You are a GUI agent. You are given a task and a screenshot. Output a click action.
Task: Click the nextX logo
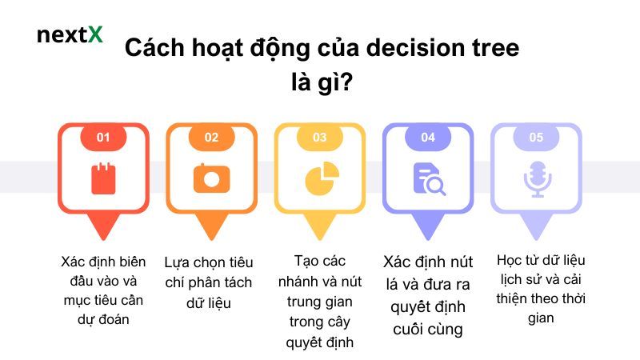click(x=70, y=35)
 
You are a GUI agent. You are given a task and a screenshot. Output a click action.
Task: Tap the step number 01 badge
click(x=103, y=137)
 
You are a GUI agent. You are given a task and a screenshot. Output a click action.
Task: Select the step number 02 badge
click(x=211, y=137)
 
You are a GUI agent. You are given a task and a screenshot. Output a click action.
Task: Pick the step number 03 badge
click(x=320, y=137)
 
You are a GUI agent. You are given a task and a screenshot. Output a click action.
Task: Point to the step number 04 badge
click(x=428, y=137)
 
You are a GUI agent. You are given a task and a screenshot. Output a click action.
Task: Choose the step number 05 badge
click(x=536, y=137)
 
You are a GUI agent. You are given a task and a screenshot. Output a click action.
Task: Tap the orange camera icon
click(x=211, y=178)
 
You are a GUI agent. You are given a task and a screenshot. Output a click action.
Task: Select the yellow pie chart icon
click(x=320, y=178)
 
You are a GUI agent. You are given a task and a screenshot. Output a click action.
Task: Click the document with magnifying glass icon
click(x=429, y=178)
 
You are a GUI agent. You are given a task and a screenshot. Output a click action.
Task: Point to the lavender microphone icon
click(x=537, y=178)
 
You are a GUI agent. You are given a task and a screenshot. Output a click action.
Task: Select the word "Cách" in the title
click(x=153, y=48)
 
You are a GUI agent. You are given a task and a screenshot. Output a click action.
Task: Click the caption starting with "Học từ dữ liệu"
click(x=536, y=289)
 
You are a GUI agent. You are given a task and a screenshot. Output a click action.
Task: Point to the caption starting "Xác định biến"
click(x=103, y=290)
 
